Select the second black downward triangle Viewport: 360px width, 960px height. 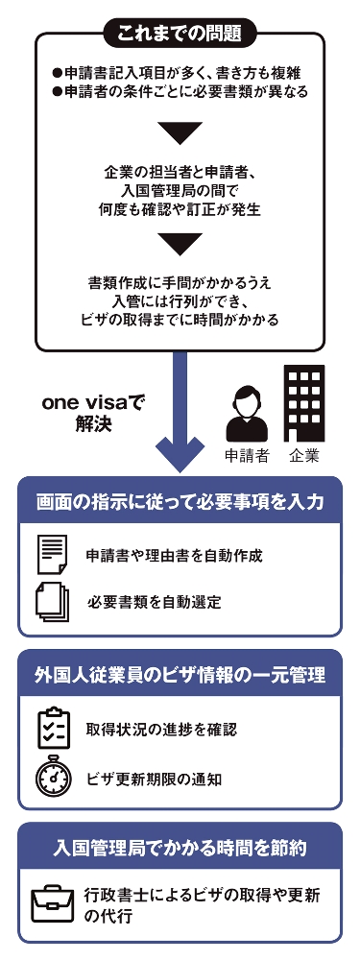(180, 244)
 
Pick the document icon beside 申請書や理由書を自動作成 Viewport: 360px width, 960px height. (54, 556)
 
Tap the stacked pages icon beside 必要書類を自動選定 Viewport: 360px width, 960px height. (54, 602)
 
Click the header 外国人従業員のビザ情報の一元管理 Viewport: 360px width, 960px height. (180, 675)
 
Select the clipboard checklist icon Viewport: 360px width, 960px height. (54, 729)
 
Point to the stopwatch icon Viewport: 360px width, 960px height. (54, 776)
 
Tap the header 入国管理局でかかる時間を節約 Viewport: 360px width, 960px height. (180, 848)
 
